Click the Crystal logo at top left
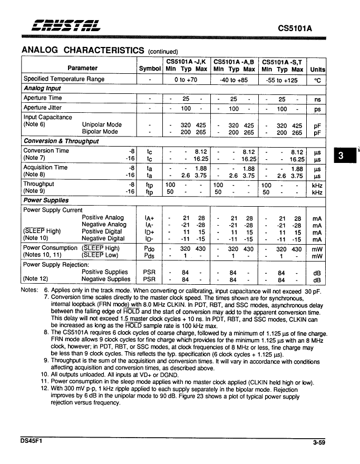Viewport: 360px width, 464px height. click(x=62, y=25)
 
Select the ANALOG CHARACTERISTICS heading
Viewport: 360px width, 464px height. click(x=83, y=50)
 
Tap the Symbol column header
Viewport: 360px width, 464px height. click(x=150, y=69)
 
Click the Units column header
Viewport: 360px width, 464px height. click(x=317, y=69)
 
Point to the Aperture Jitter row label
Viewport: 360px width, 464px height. click(x=43, y=108)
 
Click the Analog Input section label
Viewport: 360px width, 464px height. click(x=42, y=89)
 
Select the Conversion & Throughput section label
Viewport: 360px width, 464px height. click(x=61, y=141)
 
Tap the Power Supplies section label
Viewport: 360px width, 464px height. click(x=46, y=200)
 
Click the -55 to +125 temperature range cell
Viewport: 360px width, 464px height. click(x=282, y=79)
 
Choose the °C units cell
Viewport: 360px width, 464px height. click(x=317, y=79)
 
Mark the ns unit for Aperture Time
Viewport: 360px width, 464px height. click(x=317, y=99)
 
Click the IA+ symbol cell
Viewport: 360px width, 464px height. click(x=149, y=218)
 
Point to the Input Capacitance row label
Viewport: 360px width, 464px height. click(x=48, y=117)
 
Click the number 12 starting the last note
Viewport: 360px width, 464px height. click(x=45, y=389)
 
